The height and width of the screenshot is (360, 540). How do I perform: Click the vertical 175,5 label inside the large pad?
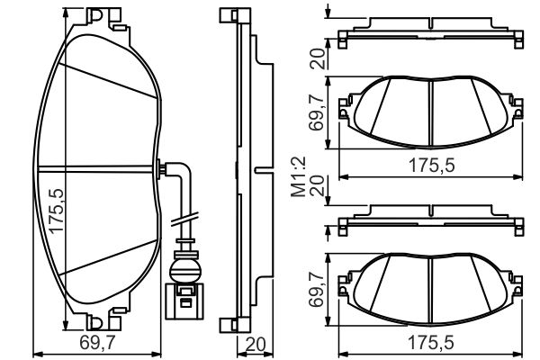click(56, 211)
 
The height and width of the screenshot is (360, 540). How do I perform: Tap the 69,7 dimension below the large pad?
click(97, 343)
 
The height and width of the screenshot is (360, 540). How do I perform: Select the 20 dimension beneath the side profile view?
click(256, 344)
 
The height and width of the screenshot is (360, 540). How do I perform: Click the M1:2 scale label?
click(298, 176)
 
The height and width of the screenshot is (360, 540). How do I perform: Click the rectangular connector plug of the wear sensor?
click(184, 301)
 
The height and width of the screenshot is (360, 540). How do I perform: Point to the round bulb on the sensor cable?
click(184, 269)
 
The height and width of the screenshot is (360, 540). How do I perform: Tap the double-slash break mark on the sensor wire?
click(184, 220)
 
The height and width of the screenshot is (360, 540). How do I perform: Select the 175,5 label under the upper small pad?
click(431, 166)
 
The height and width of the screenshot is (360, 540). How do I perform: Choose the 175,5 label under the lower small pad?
click(431, 343)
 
